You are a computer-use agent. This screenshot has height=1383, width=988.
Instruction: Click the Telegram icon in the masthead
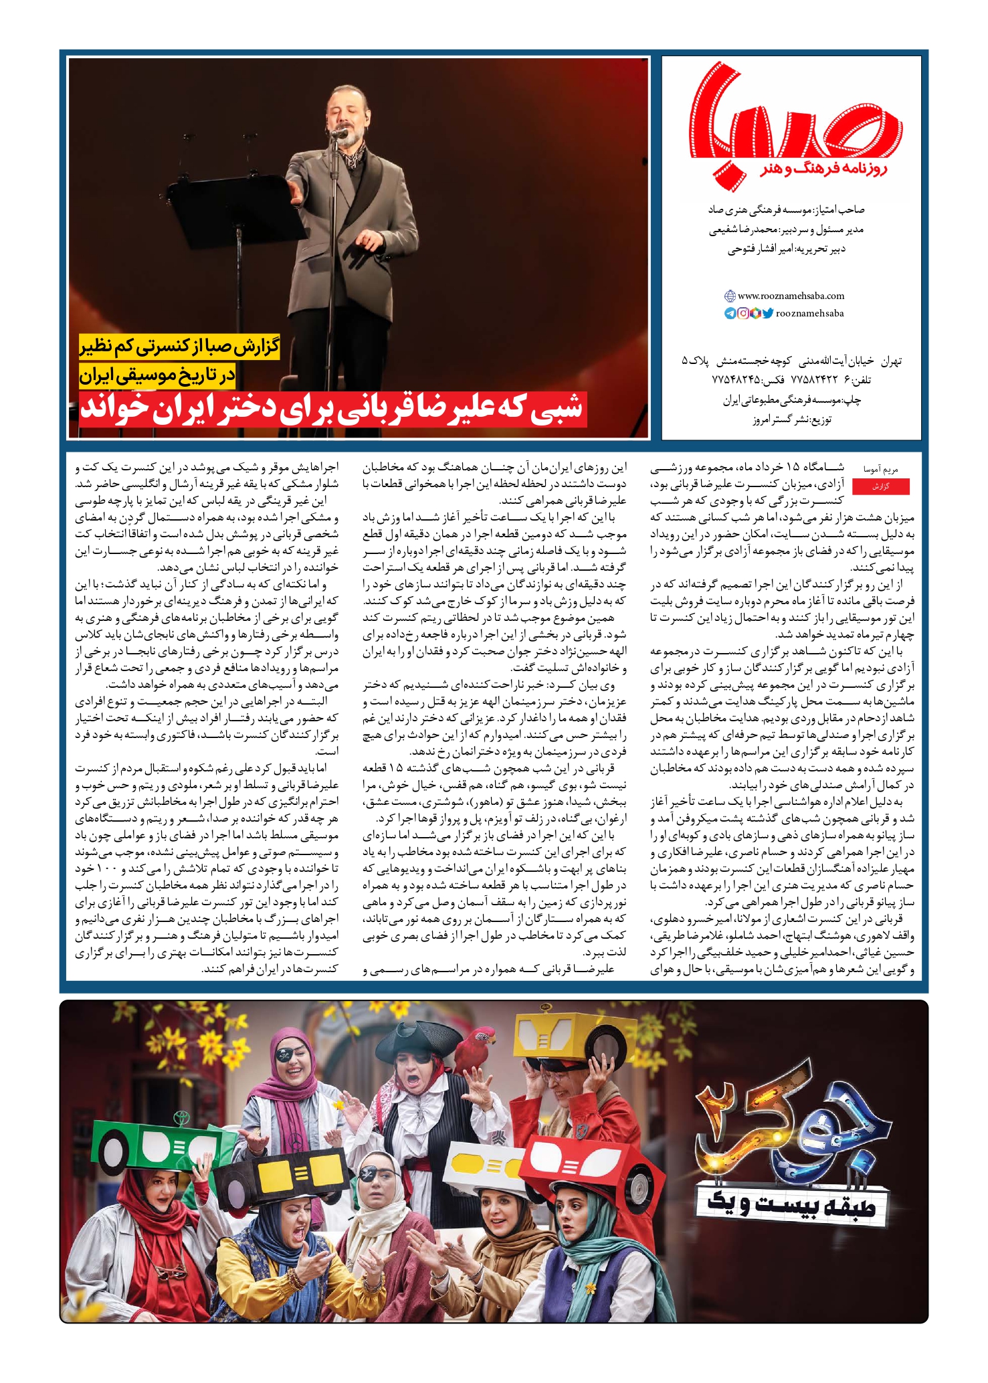pyautogui.click(x=730, y=313)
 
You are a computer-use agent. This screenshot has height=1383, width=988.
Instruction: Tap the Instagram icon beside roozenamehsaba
pyautogui.click(x=743, y=313)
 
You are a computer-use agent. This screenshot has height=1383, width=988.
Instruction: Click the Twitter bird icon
pyautogui.click(x=767, y=313)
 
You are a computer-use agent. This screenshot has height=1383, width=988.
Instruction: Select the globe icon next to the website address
pyautogui.click(x=730, y=296)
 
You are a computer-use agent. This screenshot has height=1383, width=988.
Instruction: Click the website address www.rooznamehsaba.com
pyautogui.click(x=791, y=296)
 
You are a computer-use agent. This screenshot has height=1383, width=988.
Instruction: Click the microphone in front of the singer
pyautogui.click(x=340, y=133)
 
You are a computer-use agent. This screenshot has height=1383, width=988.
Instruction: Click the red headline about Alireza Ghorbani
pyautogui.click(x=333, y=409)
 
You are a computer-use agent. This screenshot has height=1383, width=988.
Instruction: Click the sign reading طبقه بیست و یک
pyautogui.click(x=792, y=1204)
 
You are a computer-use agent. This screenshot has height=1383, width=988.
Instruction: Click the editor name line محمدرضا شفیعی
pyautogui.click(x=786, y=229)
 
